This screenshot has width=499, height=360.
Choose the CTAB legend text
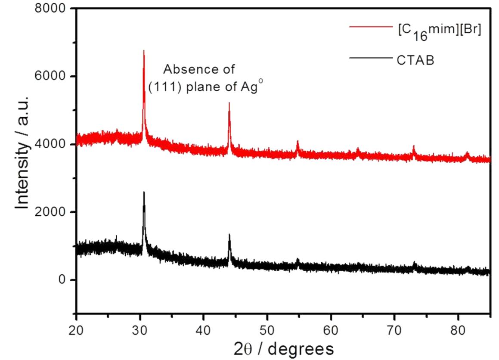coord(415,60)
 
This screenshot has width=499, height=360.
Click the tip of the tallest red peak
coord(143,50)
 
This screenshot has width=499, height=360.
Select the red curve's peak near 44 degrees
coord(229,103)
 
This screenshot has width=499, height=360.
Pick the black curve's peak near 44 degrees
coord(229,235)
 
